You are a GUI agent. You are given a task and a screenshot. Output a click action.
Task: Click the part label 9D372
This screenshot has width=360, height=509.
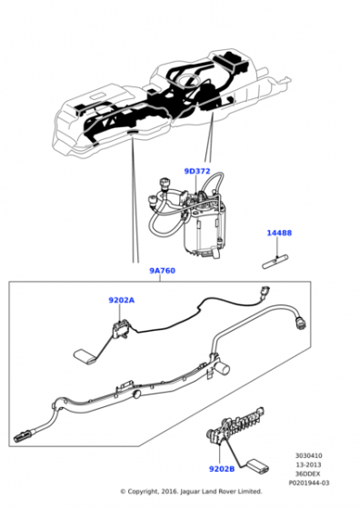(197, 171)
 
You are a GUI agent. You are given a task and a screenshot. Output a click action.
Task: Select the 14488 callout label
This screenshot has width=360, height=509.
(279, 233)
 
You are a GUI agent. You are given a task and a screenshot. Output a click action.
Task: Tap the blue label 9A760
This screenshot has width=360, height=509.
(163, 271)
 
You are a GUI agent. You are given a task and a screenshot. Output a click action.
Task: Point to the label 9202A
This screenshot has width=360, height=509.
(121, 300)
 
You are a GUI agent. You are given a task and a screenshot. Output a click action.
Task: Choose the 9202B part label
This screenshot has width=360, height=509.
(222, 469)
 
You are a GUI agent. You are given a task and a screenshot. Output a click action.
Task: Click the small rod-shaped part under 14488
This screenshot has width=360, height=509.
(275, 262)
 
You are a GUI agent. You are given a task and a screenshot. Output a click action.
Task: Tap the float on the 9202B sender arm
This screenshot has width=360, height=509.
(258, 464)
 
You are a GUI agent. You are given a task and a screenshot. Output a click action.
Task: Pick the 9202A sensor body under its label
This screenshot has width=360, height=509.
(121, 328)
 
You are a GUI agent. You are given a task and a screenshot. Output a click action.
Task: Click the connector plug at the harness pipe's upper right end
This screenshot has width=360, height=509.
(300, 324)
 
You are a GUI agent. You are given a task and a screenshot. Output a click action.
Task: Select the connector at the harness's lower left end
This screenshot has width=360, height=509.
(23, 437)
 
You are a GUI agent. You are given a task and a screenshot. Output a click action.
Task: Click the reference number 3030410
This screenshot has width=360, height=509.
(309, 455)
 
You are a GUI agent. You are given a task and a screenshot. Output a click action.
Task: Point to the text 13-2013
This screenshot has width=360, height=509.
(309, 464)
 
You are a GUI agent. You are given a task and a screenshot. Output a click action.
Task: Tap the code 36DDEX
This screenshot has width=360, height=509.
(309, 474)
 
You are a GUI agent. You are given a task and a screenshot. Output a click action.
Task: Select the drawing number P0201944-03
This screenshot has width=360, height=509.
(309, 483)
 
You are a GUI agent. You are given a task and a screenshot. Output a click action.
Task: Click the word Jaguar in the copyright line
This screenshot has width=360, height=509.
(191, 492)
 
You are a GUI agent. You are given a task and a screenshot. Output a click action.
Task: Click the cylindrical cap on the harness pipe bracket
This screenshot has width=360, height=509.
(223, 368)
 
